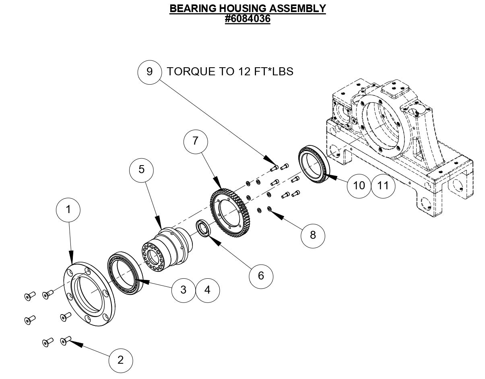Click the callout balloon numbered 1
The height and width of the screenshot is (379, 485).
point(68,209)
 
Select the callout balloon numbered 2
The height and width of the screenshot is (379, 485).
point(121,360)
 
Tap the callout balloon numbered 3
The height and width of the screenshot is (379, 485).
point(184,290)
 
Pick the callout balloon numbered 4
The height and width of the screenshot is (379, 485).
point(208,290)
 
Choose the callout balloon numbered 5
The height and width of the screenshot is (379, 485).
point(141,169)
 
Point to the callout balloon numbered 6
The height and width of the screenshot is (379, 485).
point(261,275)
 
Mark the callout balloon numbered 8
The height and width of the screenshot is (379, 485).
point(313,235)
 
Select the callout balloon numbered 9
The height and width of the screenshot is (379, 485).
point(150,72)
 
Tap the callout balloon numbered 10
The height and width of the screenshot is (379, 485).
point(359,185)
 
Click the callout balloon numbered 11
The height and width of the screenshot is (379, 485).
point(383,185)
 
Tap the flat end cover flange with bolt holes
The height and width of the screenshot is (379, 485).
point(89,294)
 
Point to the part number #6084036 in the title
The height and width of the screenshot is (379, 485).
point(248,19)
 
